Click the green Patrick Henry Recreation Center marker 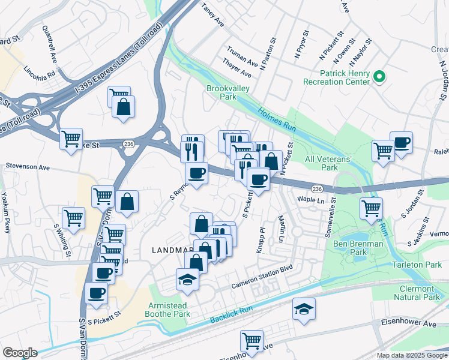click(x=379, y=76)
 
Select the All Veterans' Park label click(x=330, y=163)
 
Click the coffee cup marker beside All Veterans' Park click(x=401, y=143)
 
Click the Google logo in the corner click(x=20, y=352)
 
